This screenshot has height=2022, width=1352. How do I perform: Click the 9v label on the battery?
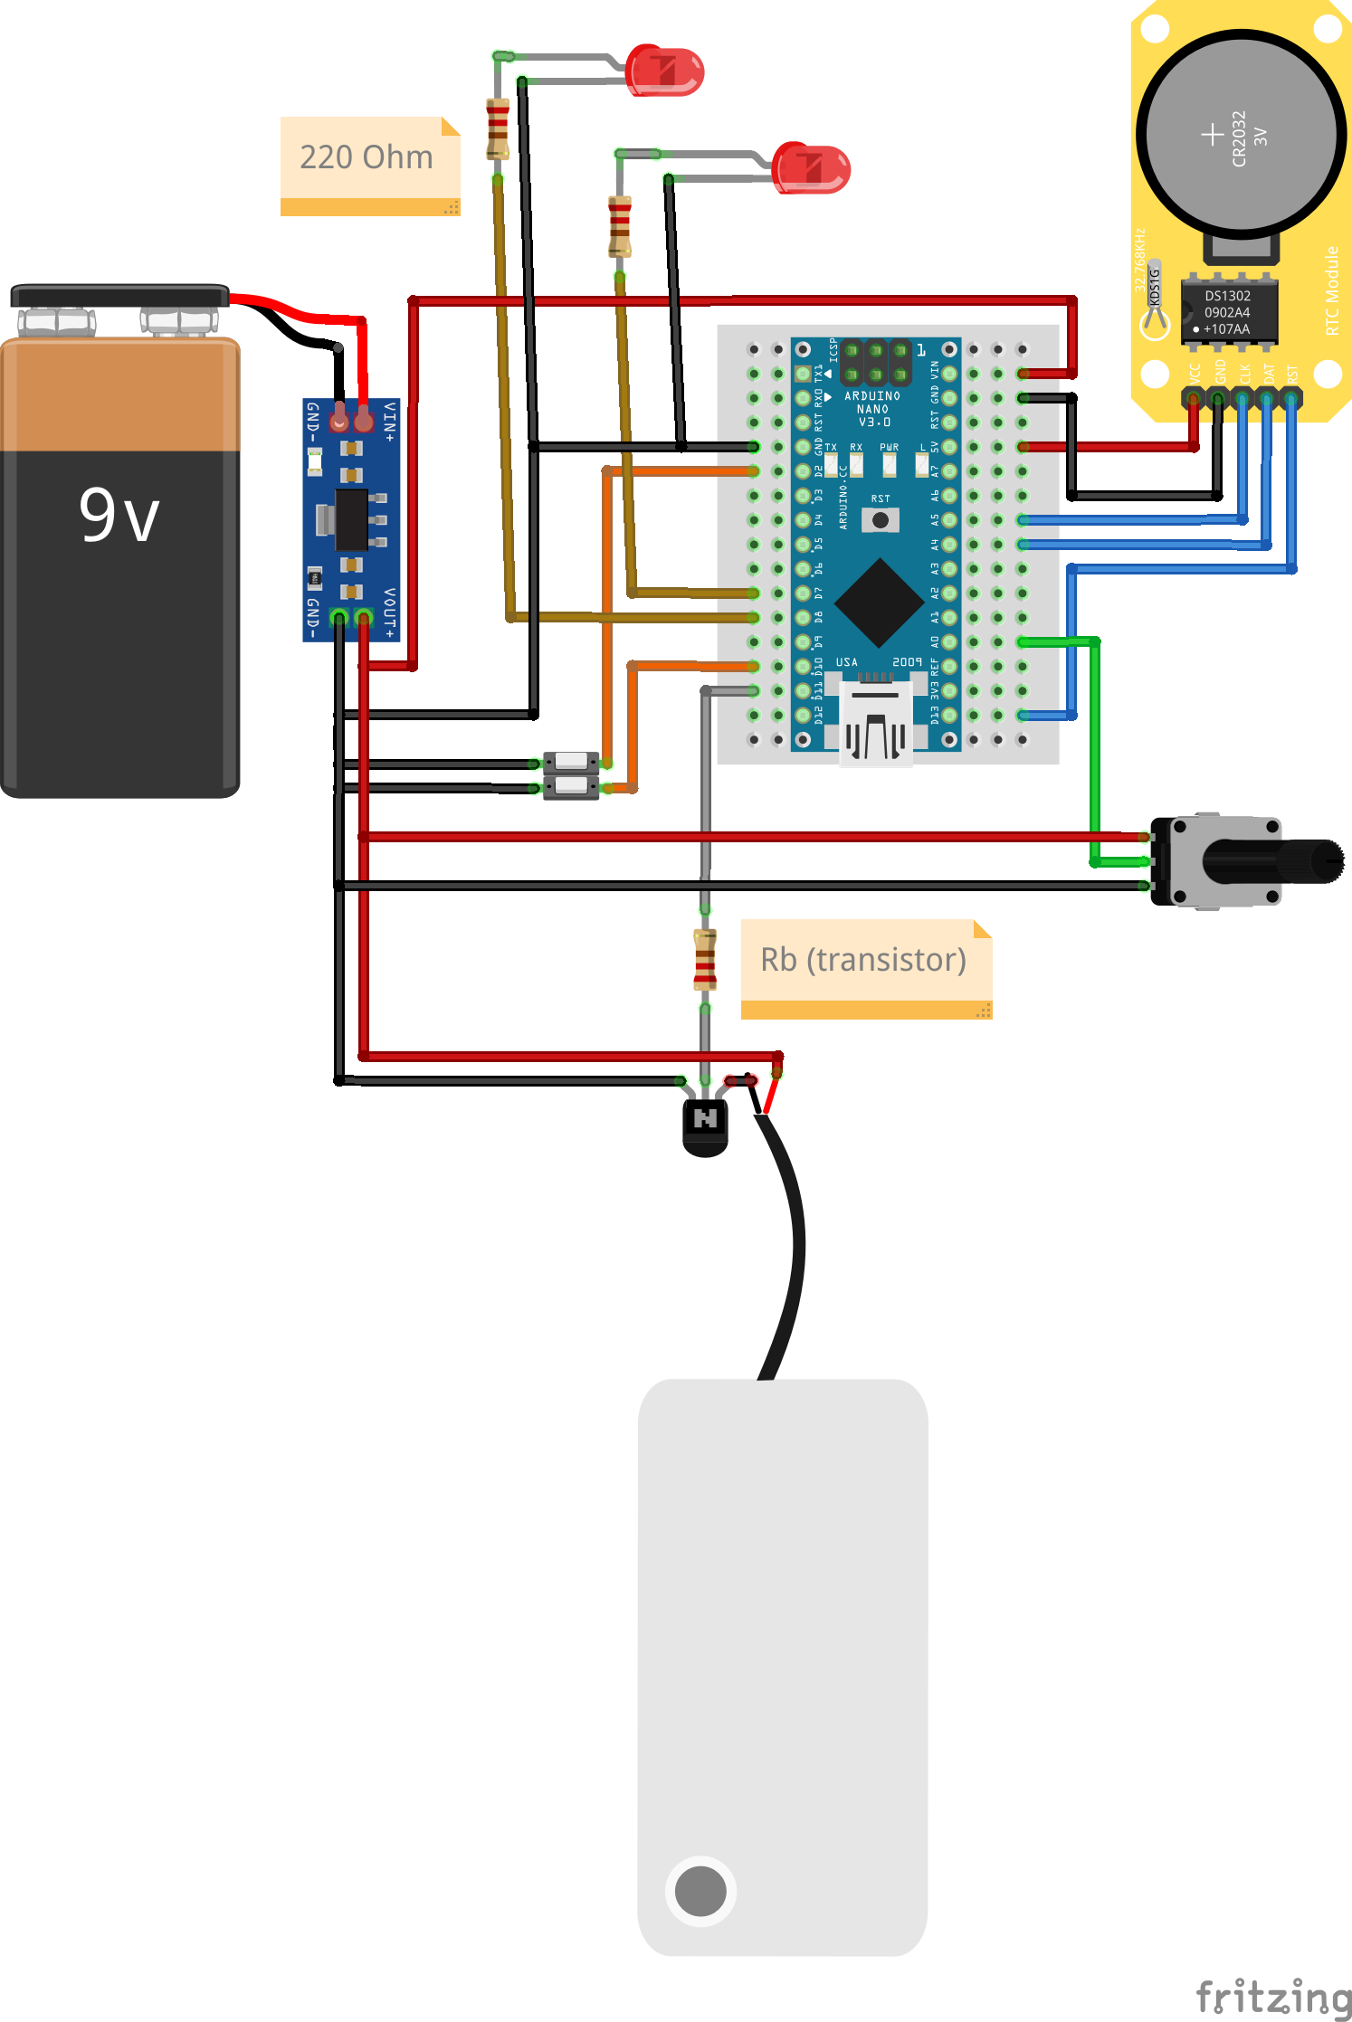click(119, 516)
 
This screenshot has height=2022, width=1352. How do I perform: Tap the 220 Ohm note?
click(367, 157)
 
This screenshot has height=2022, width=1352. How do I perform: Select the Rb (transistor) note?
click(863, 960)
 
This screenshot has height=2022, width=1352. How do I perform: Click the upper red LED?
click(665, 71)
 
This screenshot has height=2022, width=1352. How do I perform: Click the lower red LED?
click(812, 168)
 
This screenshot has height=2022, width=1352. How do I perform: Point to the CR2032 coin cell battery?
click(1241, 134)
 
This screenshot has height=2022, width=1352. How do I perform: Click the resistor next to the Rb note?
click(705, 959)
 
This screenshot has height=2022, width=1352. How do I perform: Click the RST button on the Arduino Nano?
click(880, 520)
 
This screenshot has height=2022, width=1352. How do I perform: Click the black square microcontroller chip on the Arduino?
click(879, 603)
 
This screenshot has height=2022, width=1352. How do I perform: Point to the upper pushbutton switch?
click(571, 761)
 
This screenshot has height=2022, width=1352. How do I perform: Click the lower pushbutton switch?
click(571, 785)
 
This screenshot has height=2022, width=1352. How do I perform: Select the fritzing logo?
click(1273, 1997)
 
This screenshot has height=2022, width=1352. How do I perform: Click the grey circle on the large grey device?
click(700, 1891)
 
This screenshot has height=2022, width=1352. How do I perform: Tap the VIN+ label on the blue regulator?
click(390, 422)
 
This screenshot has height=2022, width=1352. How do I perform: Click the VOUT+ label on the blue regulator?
click(390, 612)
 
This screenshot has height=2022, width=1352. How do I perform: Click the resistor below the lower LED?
click(620, 227)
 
